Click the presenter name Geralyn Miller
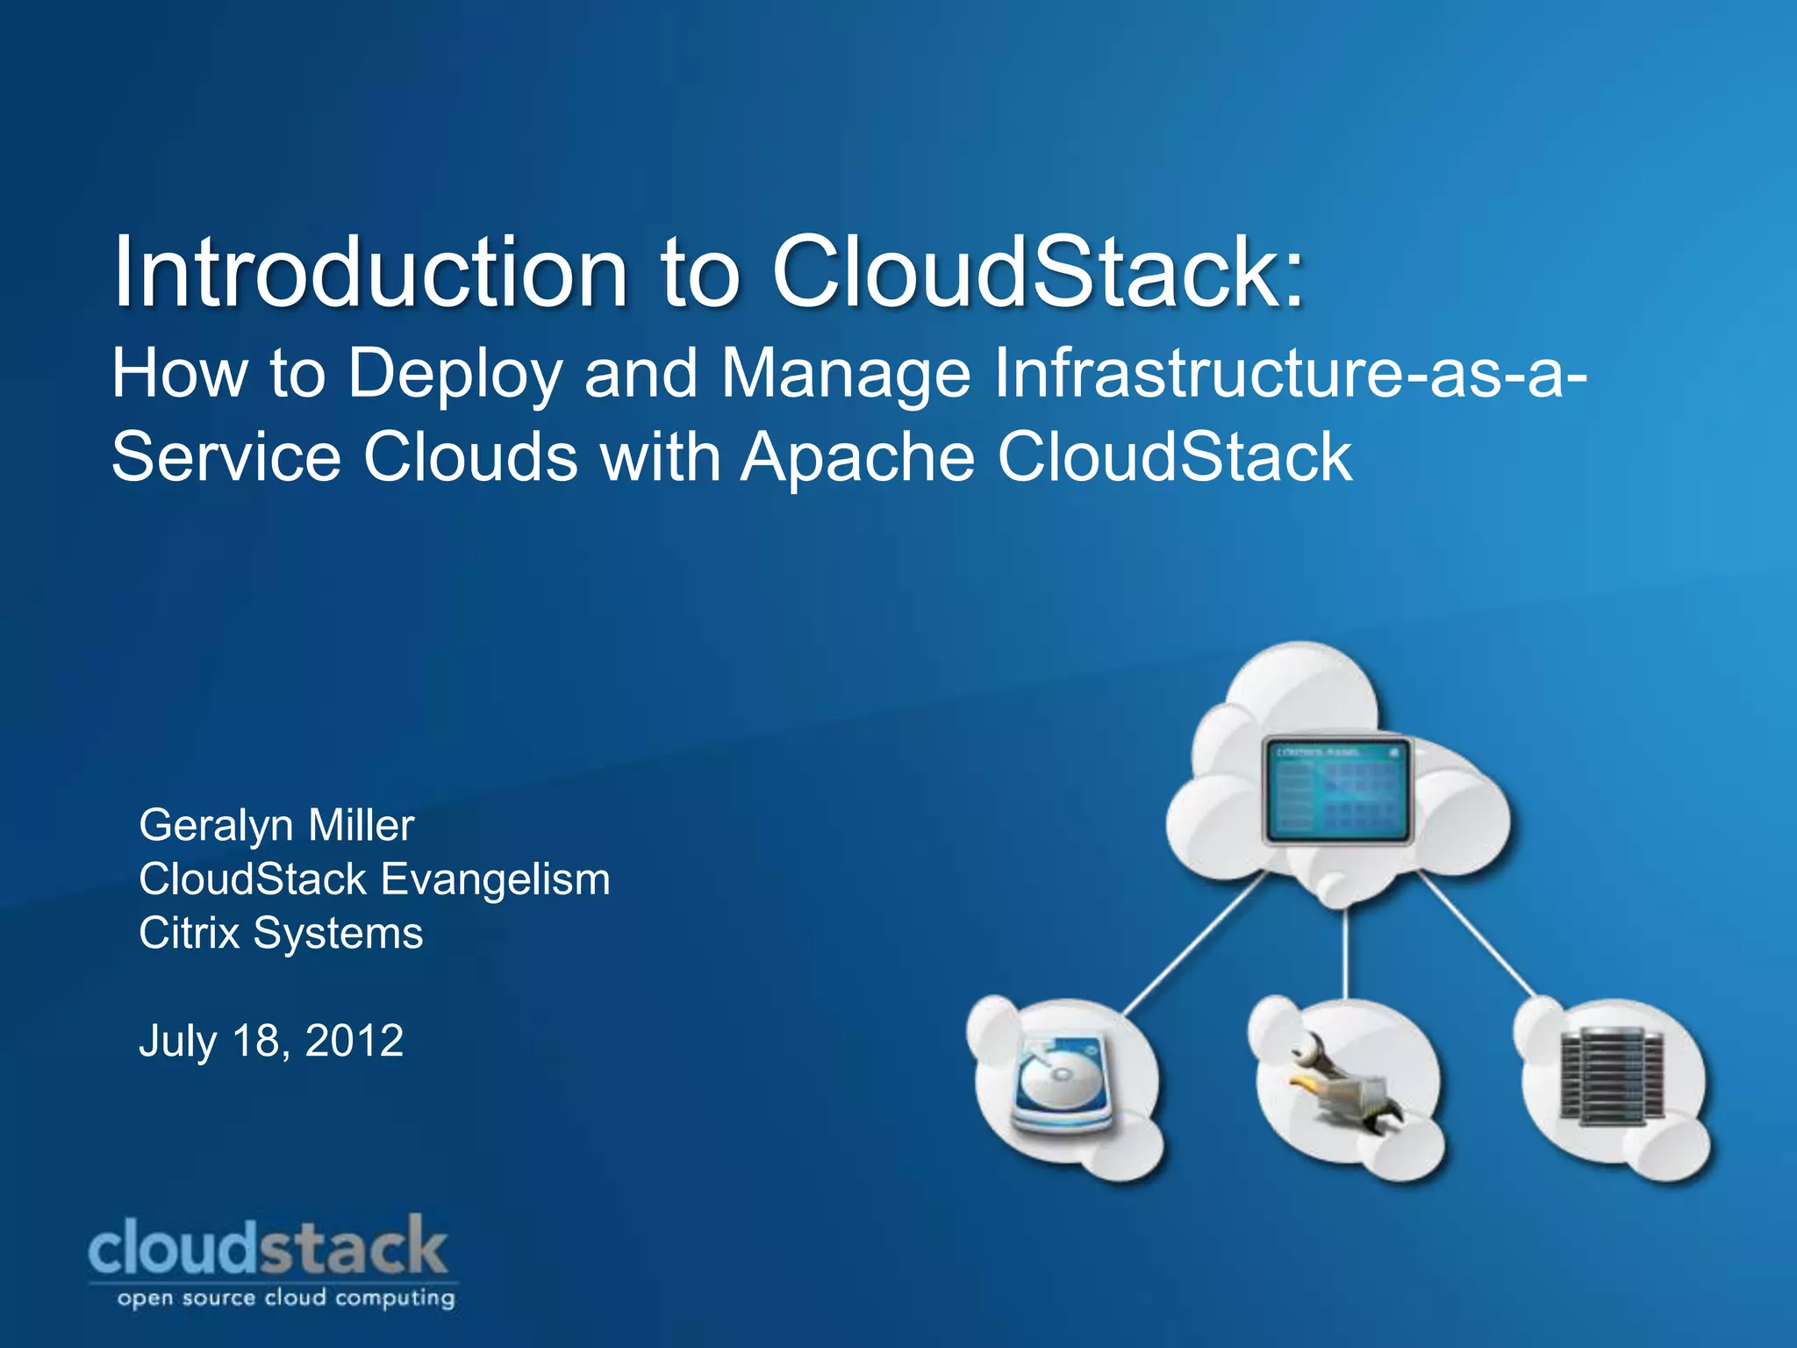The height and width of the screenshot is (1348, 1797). point(276,825)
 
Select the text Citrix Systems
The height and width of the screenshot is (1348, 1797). point(281,933)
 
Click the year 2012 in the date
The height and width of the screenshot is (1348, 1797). point(354,1041)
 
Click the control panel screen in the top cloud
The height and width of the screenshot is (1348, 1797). point(1336,791)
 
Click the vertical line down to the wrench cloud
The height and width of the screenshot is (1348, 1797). point(1346,952)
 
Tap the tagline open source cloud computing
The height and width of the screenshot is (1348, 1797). point(286,1298)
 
